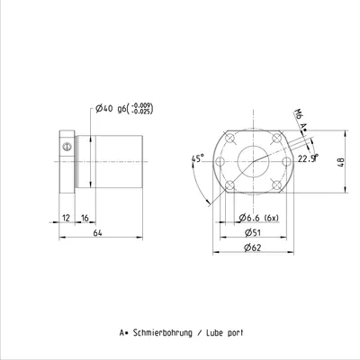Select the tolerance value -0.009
(142, 105)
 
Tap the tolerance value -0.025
(142, 111)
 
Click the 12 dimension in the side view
(66, 218)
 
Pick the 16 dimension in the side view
(85, 218)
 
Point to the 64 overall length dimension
(97, 233)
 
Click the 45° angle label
(198, 158)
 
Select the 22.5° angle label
(308, 158)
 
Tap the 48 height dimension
(341, 162)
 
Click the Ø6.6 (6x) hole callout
(259, 218)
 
